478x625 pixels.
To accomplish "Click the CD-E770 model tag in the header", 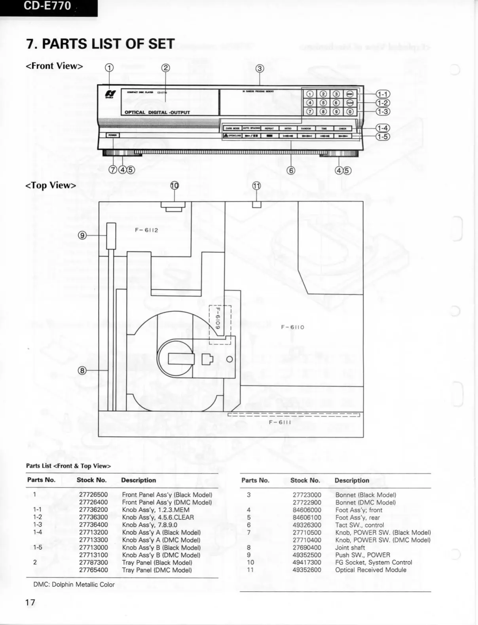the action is (47, 6).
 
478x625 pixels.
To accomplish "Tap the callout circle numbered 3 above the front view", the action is (260, 68).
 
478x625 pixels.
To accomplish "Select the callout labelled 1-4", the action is (383, 128).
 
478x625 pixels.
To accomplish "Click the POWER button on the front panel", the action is (113, 135).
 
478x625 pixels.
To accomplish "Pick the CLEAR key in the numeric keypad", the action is (350, 103).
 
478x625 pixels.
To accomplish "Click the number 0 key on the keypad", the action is (350, 112).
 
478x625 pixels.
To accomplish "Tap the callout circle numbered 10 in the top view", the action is (175, 186).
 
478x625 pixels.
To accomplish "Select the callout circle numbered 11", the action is (257, 186).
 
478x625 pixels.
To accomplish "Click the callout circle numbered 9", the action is (82, 235).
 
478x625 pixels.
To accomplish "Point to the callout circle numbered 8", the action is (82, 371).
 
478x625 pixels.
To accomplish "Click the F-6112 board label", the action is (146, 230).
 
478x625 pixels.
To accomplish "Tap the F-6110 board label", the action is (293, 327).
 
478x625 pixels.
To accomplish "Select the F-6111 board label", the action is (280, 422).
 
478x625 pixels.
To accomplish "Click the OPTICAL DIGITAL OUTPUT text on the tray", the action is (157, 112).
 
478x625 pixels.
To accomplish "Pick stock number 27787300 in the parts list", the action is (93, 562).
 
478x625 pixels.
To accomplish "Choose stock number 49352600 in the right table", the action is (307, 570).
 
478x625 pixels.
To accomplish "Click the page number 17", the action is (30, 603).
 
